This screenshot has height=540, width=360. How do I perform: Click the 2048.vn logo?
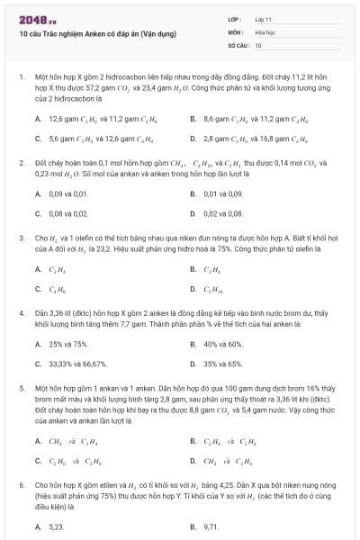click(35, 18)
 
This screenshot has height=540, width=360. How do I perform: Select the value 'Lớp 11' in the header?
click(264, 19)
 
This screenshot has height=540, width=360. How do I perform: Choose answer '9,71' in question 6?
click(211, 526)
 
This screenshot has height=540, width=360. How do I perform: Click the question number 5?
click(21, 386)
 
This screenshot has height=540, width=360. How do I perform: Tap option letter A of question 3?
click(38, 268)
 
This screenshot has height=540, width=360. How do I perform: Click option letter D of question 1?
click(193, 139)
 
